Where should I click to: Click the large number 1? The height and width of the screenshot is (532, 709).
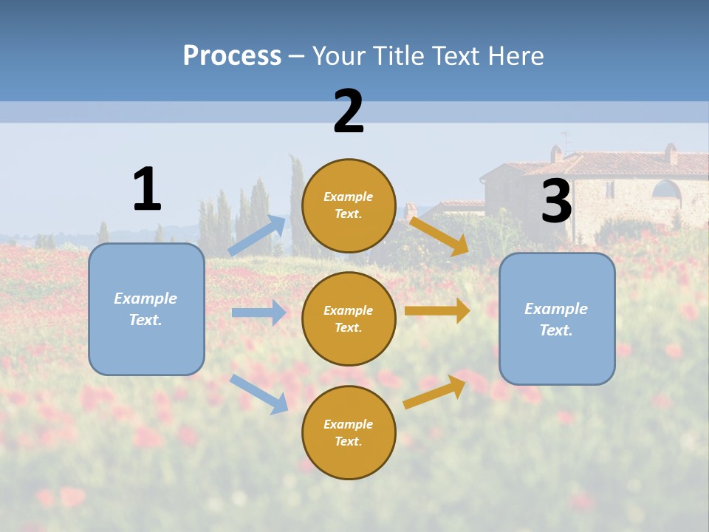point(147,189)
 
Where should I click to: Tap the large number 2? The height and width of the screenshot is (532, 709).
point(349,112)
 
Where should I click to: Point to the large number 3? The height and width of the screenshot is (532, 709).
point(557,201)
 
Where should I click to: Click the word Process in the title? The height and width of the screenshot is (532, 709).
point(232,55)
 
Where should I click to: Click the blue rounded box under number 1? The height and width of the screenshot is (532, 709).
point(146,309)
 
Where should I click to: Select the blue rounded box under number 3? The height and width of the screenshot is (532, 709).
point(557,318)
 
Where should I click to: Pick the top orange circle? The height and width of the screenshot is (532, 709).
point(349,205)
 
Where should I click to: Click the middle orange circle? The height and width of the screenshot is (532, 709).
point(349,318)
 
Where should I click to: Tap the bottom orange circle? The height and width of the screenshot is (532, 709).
point(349,432)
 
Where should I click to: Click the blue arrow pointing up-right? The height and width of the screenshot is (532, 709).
point(258,236)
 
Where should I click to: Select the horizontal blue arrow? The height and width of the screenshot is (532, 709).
point(258,313)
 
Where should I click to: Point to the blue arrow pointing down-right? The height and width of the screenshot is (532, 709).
point(258,394)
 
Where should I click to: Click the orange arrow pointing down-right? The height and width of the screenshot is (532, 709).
point(439,234)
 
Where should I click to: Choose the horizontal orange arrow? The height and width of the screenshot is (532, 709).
point(437,311)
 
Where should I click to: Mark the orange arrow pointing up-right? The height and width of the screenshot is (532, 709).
point(435,392)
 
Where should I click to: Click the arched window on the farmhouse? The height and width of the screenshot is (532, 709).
point(666,190)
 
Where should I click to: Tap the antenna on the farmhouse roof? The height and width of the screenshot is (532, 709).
point(566,140)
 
